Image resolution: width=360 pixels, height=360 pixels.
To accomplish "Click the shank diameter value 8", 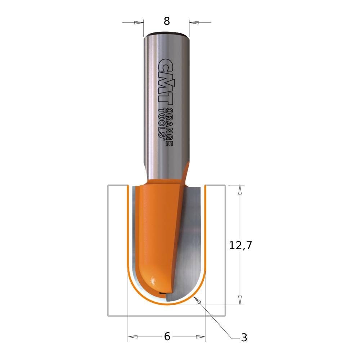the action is (167, 21).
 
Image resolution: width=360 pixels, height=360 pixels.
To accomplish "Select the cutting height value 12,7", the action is (240, 246).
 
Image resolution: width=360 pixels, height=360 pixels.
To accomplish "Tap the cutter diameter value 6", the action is (167, 337).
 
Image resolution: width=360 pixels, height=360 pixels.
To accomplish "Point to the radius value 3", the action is (244, 338).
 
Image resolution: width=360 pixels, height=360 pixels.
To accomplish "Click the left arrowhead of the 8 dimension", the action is (139, 22).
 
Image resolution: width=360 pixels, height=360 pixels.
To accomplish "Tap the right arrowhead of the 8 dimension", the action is (194, 22).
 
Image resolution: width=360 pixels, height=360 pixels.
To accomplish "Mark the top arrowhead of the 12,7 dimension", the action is (240, 190).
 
